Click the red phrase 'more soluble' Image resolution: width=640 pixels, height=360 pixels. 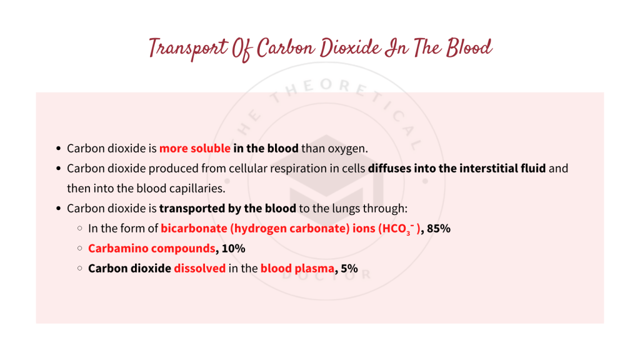click(194, 149)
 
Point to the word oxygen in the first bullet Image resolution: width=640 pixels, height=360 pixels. click(349, 149)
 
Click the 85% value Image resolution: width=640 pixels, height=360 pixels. click(439, 229)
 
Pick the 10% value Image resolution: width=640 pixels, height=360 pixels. click(234, 249)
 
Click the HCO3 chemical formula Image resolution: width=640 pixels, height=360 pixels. click(397, 229)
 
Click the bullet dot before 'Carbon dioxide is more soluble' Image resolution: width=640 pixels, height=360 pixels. click(58, 149)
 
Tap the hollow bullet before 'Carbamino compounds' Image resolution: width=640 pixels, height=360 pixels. click(80, 249)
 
